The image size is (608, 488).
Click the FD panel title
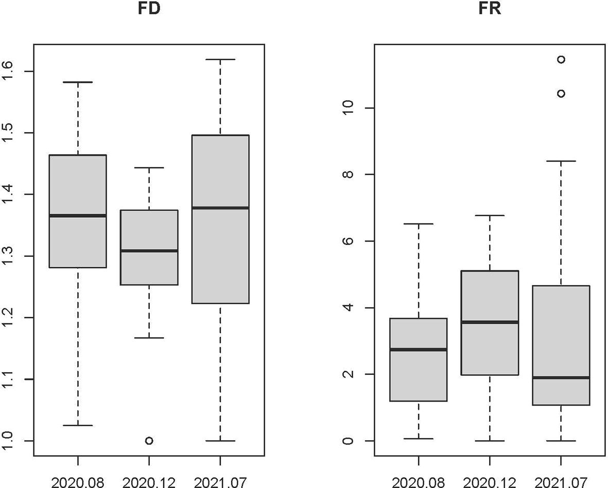(149, 9)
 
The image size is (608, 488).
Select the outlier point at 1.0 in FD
(149, 441)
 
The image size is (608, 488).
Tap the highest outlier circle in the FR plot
(561, 59)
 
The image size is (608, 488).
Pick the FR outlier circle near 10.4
(561, 93)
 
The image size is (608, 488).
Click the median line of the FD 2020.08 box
(78, 216)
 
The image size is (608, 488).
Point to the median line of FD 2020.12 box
(149, 251)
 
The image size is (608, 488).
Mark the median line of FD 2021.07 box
(220, 207)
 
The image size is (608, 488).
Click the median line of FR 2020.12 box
(490, 322)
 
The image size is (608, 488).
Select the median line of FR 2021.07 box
(561, 377)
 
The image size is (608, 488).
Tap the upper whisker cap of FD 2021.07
(220, 60)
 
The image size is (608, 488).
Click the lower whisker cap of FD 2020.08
(78, 425)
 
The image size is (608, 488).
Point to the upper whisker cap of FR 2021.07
(561, 161)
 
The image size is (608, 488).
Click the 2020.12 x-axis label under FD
(149, 482)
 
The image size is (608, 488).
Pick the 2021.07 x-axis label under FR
(561, 482)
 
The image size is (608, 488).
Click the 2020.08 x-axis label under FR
(418, 482)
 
